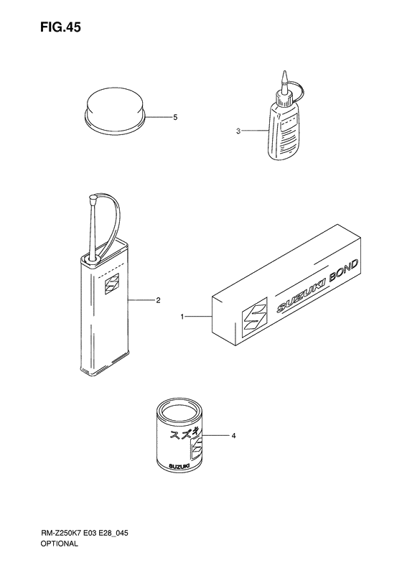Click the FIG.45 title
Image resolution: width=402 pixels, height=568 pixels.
60,27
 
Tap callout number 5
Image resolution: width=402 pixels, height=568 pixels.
175,117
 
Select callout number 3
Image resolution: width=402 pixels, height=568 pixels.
238,131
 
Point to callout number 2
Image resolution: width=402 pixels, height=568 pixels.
158,300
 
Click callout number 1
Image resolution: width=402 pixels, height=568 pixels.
182,317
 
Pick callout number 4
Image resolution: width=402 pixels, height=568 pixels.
233,436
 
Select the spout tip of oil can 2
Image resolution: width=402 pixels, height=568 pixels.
93,198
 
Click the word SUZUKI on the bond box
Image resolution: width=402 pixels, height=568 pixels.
301,295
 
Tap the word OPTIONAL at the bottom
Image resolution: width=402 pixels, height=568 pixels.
59,544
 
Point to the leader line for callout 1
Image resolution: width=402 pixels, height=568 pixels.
199,317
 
